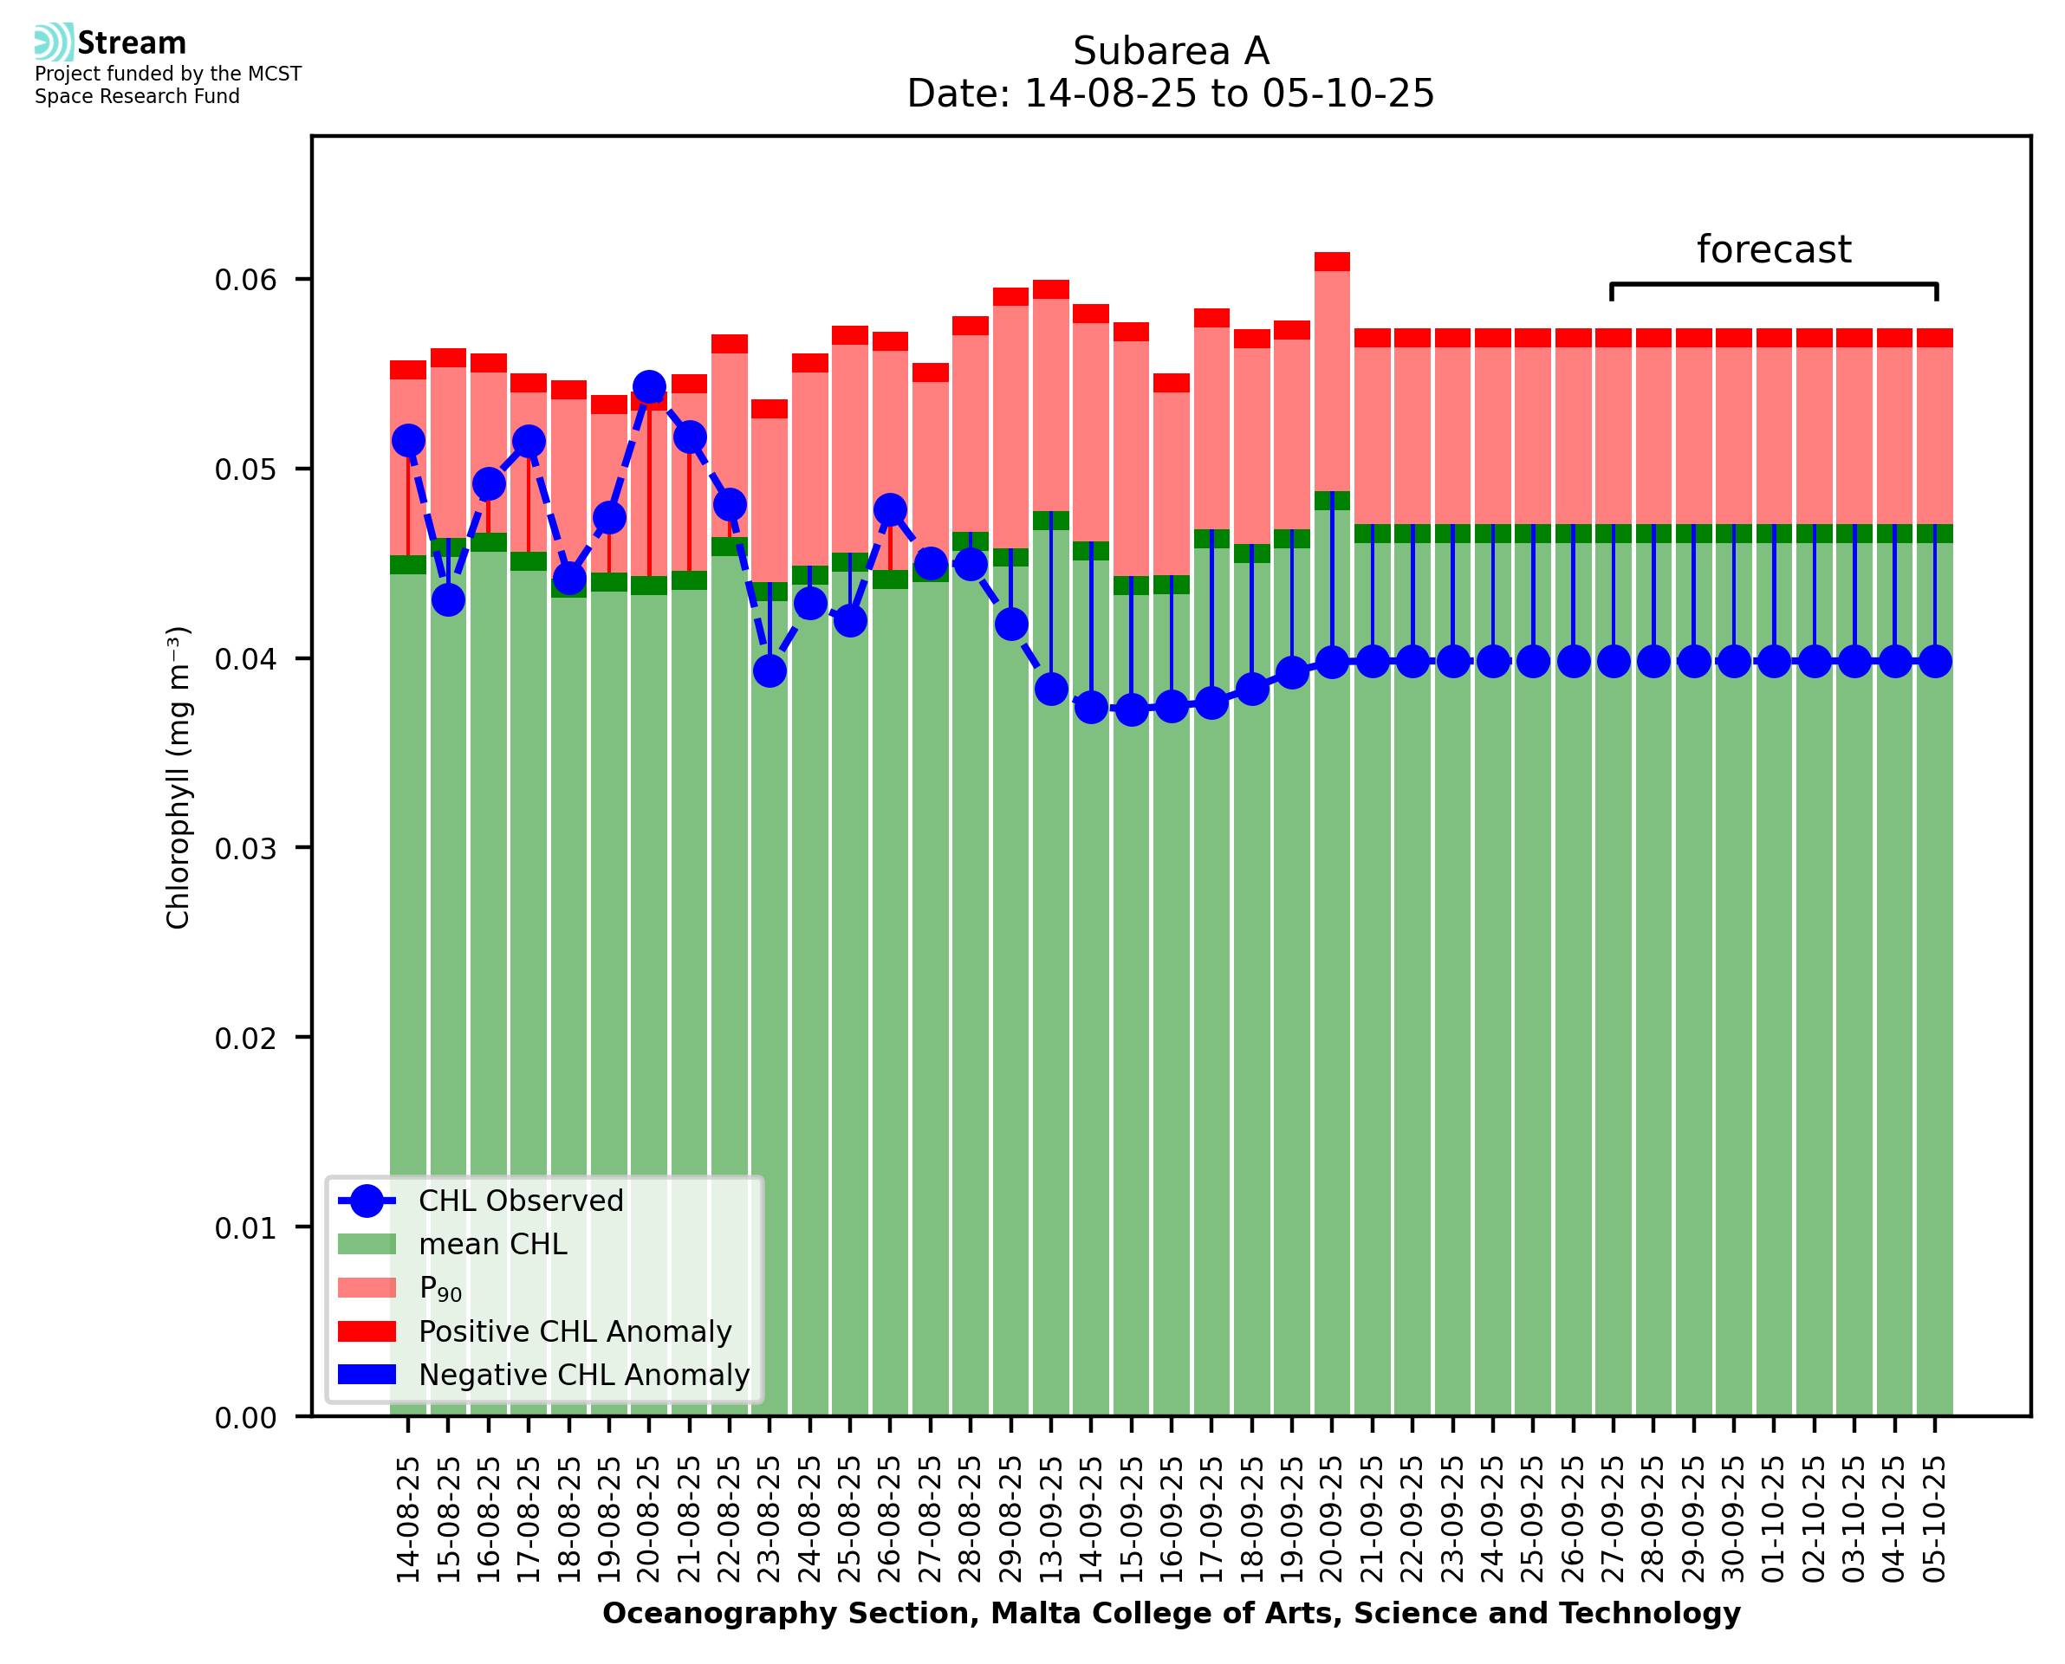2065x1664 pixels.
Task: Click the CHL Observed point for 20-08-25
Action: (x=649, y=387)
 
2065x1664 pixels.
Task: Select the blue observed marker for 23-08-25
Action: (x=770, y=671)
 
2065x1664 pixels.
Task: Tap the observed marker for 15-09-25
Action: (x=1131, y=710)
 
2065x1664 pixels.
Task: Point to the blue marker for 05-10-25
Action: (x=1935, y=662)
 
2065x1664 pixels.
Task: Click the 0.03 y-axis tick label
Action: (x=245, y=849)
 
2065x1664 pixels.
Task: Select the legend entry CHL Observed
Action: (x=521, y=1201)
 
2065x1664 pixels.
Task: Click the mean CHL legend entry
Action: (x=493, y=1244)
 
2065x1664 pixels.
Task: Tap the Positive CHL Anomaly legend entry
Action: (x=575, y=1331)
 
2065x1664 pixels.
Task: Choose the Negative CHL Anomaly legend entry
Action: (x=584, y=1375)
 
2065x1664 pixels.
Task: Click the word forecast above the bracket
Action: (x=1774, y=249)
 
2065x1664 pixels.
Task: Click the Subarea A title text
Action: (x=1171, y=51)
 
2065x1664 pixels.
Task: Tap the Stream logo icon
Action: (x=54, y=42)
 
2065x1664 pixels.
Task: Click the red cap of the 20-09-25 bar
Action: (x=1332, y=262)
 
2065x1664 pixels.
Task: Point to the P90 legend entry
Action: (x=440, y=1288)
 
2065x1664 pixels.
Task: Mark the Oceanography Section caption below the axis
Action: (x=1171, y=1613)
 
